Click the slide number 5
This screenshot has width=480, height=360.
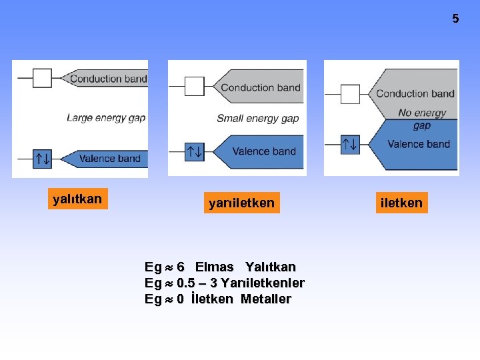click(x=455, y=19)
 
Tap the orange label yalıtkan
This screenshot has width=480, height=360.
click(x=77, y=199)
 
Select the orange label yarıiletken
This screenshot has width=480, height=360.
click(x=241, y=203)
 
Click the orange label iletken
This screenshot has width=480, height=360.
click(x=401, y=203)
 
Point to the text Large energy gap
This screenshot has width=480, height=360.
click(x=106, y=118)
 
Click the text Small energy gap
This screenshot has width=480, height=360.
click(x=257, y=119)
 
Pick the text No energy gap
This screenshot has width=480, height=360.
click(x=421, y=119)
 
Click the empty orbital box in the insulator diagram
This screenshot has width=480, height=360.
click(x=43, y=78)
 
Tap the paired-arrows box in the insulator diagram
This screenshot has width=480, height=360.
click(x=43, y=159)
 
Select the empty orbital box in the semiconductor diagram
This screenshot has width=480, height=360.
click(x=195, y=86)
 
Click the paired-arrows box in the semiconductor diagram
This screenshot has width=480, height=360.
click(x=195, y=151)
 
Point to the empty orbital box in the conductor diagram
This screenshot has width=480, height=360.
click(x=350, y=93)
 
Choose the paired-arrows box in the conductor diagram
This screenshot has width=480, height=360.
click(x=350, y=143)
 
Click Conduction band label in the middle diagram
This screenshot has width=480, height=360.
click(x=261, y=87)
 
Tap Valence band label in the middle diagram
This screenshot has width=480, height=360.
click(x=264, y=151)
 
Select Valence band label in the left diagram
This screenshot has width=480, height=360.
click(x=109, y=159)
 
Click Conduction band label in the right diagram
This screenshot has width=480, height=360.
click(x=415, y=93)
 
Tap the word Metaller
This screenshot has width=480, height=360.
click(x=266, y=299)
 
